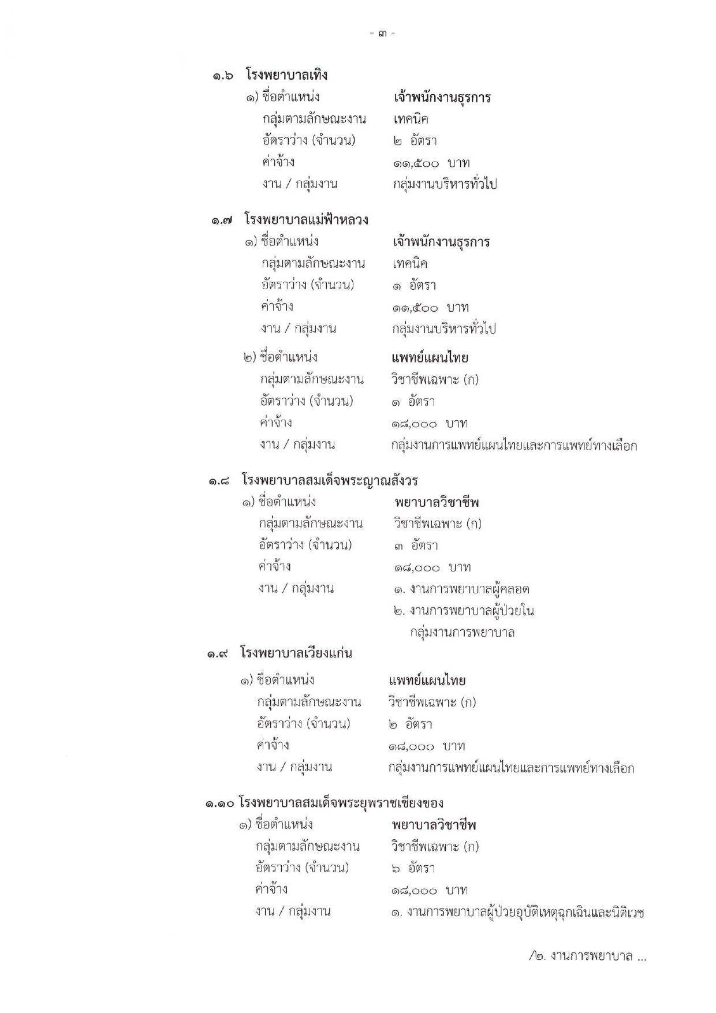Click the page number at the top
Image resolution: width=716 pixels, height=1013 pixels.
382,33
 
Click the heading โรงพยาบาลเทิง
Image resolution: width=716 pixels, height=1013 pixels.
286,75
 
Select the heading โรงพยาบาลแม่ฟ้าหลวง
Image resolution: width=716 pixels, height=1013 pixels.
306,220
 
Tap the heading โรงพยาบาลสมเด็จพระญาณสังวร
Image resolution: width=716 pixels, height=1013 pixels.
330,480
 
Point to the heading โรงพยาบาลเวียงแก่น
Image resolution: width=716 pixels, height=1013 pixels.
296,653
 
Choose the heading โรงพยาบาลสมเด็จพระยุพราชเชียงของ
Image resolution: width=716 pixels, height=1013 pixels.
341,803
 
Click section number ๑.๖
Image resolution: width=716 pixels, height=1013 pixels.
222,76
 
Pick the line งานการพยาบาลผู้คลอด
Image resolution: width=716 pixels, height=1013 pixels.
461,589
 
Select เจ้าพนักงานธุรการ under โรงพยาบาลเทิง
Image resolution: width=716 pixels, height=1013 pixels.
442,97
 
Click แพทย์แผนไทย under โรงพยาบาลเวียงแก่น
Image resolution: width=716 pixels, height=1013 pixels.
427,681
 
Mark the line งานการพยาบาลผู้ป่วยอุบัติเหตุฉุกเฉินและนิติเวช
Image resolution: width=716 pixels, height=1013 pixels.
517,913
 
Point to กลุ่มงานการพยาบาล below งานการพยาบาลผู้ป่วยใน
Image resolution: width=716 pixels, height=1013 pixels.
463,632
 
